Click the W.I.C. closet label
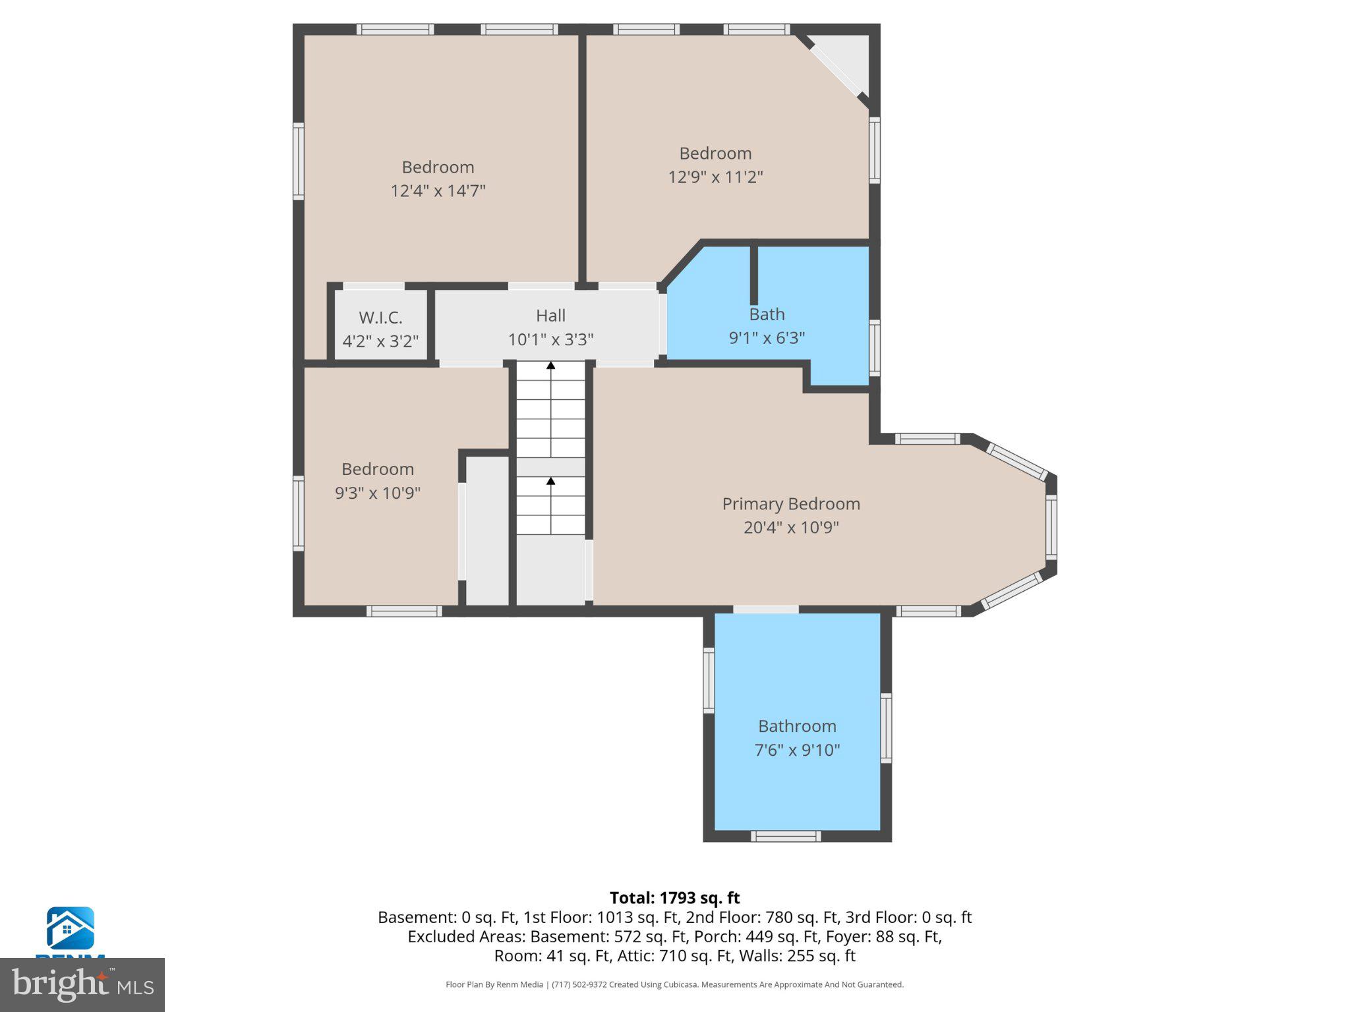(x=380, y=318)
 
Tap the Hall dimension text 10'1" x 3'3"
(x=550, y=339)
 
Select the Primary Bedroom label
(x=790, y=504)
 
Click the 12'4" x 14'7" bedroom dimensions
(x=438, y=191)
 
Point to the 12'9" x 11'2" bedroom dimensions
(x=715, y=177)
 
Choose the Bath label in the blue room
(x=767, y=314)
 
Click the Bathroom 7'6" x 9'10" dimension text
(x=797, y=750)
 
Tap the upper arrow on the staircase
(x=550, y=366)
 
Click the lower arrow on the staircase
(x=550, y=482)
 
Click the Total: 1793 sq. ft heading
(x=674, y=898)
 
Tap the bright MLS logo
(x=82, y=984)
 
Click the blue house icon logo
(x=70, y=928)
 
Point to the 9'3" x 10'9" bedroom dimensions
(x=377, y=493)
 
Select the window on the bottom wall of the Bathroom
(x=786, y=836)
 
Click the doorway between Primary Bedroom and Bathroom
(x=765, y=609)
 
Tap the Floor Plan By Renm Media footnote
(x=674, y=984)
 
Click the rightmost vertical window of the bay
(x=1051, y=527)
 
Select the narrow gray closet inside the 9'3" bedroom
(x=487, y=530)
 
